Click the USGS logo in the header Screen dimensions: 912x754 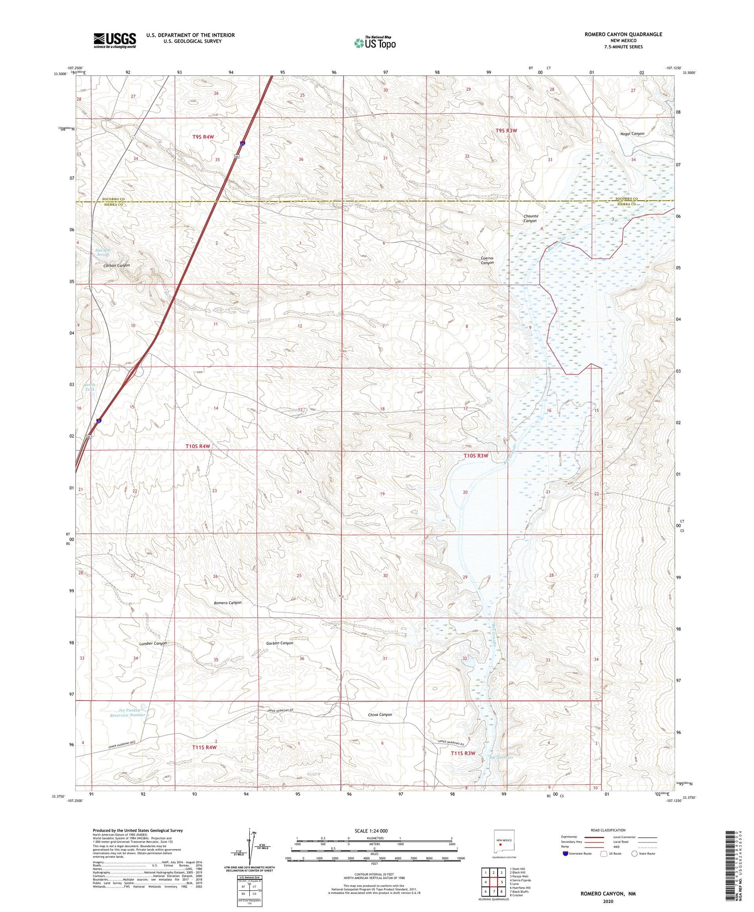coord(115,40)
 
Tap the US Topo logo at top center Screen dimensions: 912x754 coord(374,43)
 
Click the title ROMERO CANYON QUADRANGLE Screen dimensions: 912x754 coord(623,34)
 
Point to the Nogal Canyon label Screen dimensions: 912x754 coord(632,134)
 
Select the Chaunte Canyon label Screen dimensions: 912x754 coord(531,218)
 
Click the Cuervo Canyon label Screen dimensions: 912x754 coord(488,260)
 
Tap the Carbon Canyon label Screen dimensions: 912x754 coord(117,265)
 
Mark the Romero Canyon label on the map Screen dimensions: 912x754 coord(227,603)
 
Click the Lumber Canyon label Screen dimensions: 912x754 coord(153,643)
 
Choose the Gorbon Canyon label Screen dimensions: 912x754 coord(279,643)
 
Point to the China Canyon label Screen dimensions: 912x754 coord(380,714)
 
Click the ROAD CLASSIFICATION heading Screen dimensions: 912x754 coord(608,830)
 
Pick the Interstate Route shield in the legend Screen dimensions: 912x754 coord(565,854)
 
